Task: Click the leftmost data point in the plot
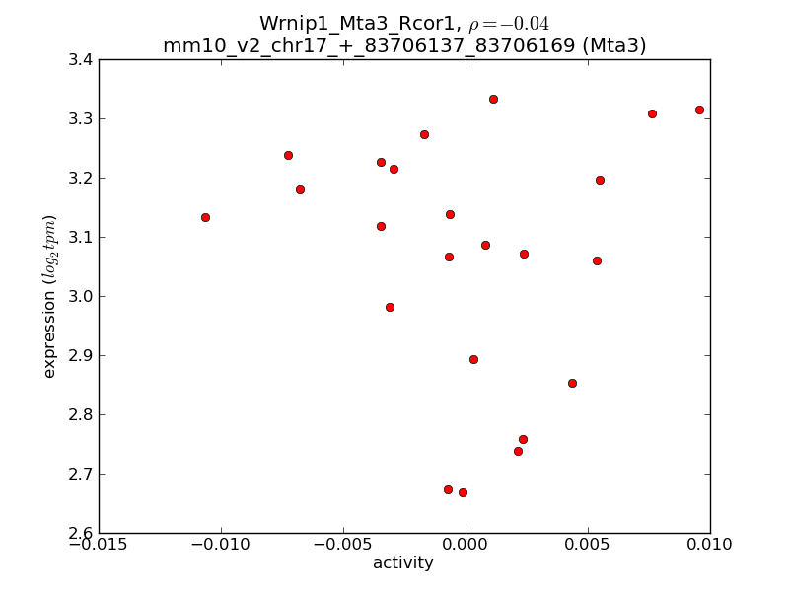pos(205,217)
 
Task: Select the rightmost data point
pos(699,110)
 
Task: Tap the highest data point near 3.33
pos(493,99)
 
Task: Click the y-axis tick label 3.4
pos(81,59)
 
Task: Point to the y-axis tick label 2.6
pos(81,533)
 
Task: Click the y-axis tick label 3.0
pos(81,296)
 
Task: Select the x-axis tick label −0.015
pos(99,546)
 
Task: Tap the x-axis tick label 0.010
pos(710,546)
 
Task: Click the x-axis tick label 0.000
pos(466,546)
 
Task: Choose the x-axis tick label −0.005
pos(343,546)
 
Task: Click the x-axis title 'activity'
pos(403,563)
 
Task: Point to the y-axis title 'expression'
pos(49,296)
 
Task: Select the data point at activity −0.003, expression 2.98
pos(390,307)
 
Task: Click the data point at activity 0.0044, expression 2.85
pos(572,383)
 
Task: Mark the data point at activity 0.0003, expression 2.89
pos(473,359)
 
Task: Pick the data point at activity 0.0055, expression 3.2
pos(600,180)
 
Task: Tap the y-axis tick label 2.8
pos(81,414)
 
